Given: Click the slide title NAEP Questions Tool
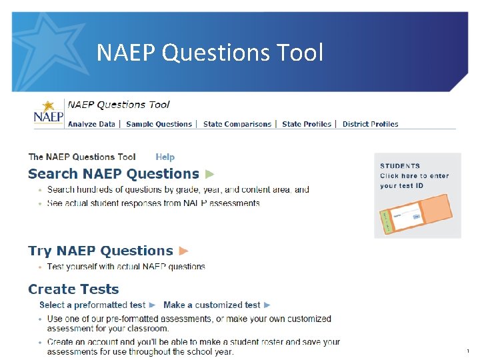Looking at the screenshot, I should (209, 52).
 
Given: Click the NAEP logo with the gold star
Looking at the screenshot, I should (49, 114).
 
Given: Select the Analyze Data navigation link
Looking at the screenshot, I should (91, 124).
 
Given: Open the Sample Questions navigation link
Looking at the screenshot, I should (159, 124).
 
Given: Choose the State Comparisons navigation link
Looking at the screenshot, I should (237, 124).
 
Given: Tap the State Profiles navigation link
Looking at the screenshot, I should (306, 124).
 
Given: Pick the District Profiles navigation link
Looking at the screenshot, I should (370, 124).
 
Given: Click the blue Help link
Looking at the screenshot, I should (165, 157).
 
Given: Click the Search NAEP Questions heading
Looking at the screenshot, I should (113, 174).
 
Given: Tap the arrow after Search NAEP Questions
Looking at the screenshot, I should (210, 174).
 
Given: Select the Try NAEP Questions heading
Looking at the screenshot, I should (101, 251).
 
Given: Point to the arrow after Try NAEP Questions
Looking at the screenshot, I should (184, 251).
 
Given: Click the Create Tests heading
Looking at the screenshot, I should (73, 289).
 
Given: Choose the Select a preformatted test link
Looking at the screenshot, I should (93, 305).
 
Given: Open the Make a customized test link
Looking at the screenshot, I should (212, 305).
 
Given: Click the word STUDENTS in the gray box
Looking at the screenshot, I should (400, 166).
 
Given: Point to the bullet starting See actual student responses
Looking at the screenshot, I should (153, 203).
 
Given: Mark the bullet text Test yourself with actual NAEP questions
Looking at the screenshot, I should (126, 267).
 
